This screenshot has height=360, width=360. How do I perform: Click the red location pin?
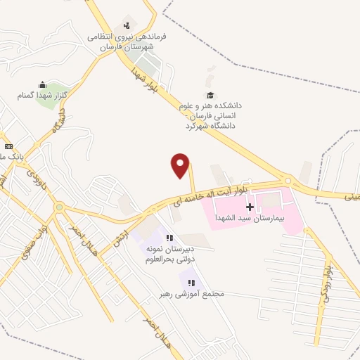[x=181, y=165]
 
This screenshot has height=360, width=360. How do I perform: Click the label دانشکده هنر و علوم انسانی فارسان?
[x=209, y=114]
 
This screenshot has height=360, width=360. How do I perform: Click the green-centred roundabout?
[x=59, y=208]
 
